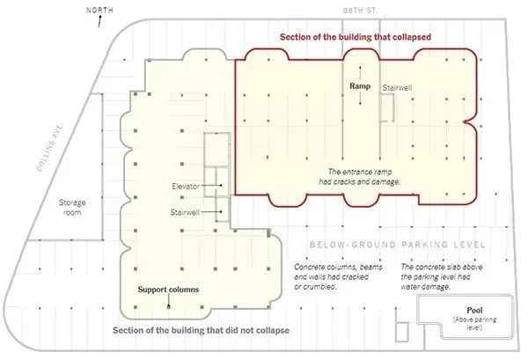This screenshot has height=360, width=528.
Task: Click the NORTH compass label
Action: tap(99, 10)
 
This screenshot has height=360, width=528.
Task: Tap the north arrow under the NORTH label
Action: tap(99, 21)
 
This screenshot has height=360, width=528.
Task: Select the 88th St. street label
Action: tap(360, 11)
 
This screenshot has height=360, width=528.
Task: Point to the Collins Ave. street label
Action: tap(50, 147)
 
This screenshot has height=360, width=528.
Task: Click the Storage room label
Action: tap(72, 208)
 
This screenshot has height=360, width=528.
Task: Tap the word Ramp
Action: tap(360, 86)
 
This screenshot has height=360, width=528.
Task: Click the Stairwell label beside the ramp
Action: tap(397, 88)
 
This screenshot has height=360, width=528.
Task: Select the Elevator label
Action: tap(186, 186)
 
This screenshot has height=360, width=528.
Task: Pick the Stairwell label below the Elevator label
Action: tap(185, 212)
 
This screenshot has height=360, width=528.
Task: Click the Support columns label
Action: tap(168, 290)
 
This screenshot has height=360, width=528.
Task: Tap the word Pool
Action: tap(474, 310)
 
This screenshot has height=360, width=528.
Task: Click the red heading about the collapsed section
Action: tap(356, 37)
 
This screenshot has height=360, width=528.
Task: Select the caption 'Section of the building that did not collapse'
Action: tap(201, 330)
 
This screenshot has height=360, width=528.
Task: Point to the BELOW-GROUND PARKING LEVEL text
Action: tap(398, 245)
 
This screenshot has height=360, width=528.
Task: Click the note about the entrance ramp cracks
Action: tap(360, 177)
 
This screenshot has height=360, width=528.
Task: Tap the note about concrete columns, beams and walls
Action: tap(338, 276)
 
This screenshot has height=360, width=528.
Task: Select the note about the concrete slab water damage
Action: tap(442, 276)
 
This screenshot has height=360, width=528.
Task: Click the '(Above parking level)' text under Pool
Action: tap(474, 323)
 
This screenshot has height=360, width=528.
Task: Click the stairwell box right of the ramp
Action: tap(387, 107)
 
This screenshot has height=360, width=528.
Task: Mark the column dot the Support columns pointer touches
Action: tap(169, 306)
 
